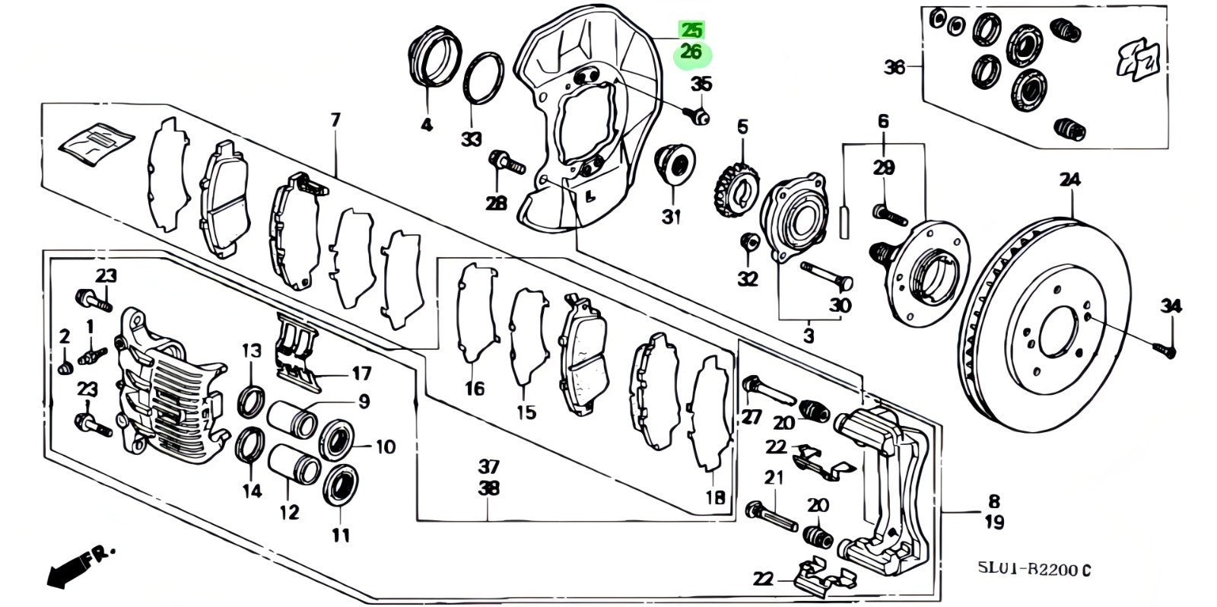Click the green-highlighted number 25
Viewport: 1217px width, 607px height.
[x=691, y=31]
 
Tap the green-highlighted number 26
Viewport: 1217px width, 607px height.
[x=691, y=53]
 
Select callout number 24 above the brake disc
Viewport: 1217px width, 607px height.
[x=1069, y=181]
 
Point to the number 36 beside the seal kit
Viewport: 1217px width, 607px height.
[x=894, y=68]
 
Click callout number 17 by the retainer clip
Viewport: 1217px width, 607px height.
[x=361, y=373]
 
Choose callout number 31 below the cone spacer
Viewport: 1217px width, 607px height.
[x=670, y=218]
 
